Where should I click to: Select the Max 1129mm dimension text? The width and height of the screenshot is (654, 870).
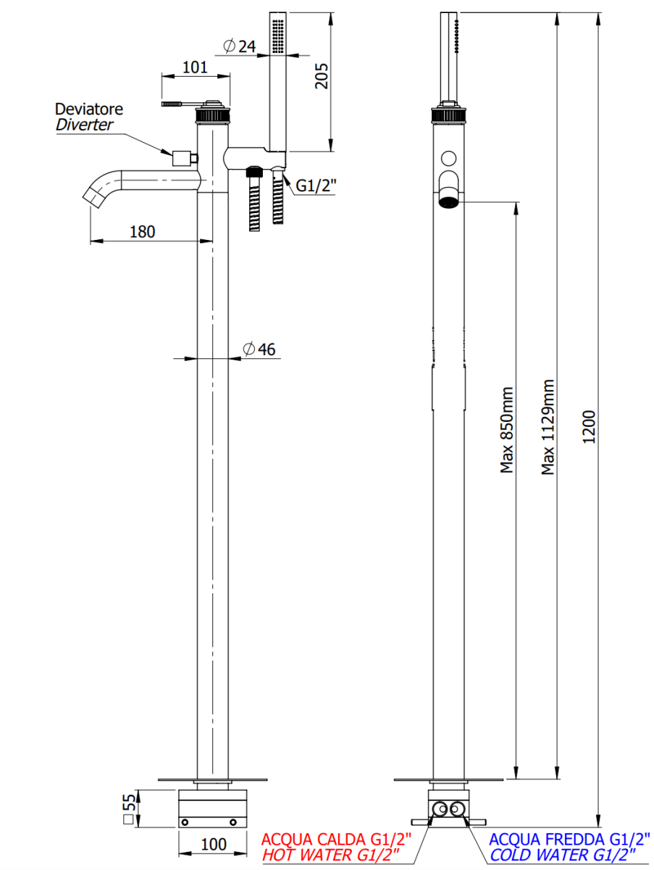[549, 428]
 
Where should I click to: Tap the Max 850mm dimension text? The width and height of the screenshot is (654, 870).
[508, 429]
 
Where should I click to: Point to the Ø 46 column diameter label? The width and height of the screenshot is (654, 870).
[259, 349]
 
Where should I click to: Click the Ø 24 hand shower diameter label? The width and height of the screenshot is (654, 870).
[240, 46]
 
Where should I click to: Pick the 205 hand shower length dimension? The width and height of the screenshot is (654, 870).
[322, 75]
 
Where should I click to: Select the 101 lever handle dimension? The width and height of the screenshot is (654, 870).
[195, 67]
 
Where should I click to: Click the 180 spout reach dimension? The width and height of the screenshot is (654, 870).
[142, 232]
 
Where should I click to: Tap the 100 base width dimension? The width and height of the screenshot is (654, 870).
[214, 845]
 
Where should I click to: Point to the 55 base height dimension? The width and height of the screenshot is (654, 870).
[129, 808]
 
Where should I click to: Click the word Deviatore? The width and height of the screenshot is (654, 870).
[89, 109]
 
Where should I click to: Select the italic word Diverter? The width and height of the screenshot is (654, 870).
[84, 125]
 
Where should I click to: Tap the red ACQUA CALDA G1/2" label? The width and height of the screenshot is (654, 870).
[336, 840]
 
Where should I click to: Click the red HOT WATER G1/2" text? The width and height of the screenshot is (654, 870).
[336, 855]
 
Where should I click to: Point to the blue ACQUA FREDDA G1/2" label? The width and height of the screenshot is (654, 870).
[567, 840]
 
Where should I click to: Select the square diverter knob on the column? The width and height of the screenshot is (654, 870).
[180, 157]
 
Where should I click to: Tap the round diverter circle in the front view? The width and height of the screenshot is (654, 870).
[448, 157]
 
